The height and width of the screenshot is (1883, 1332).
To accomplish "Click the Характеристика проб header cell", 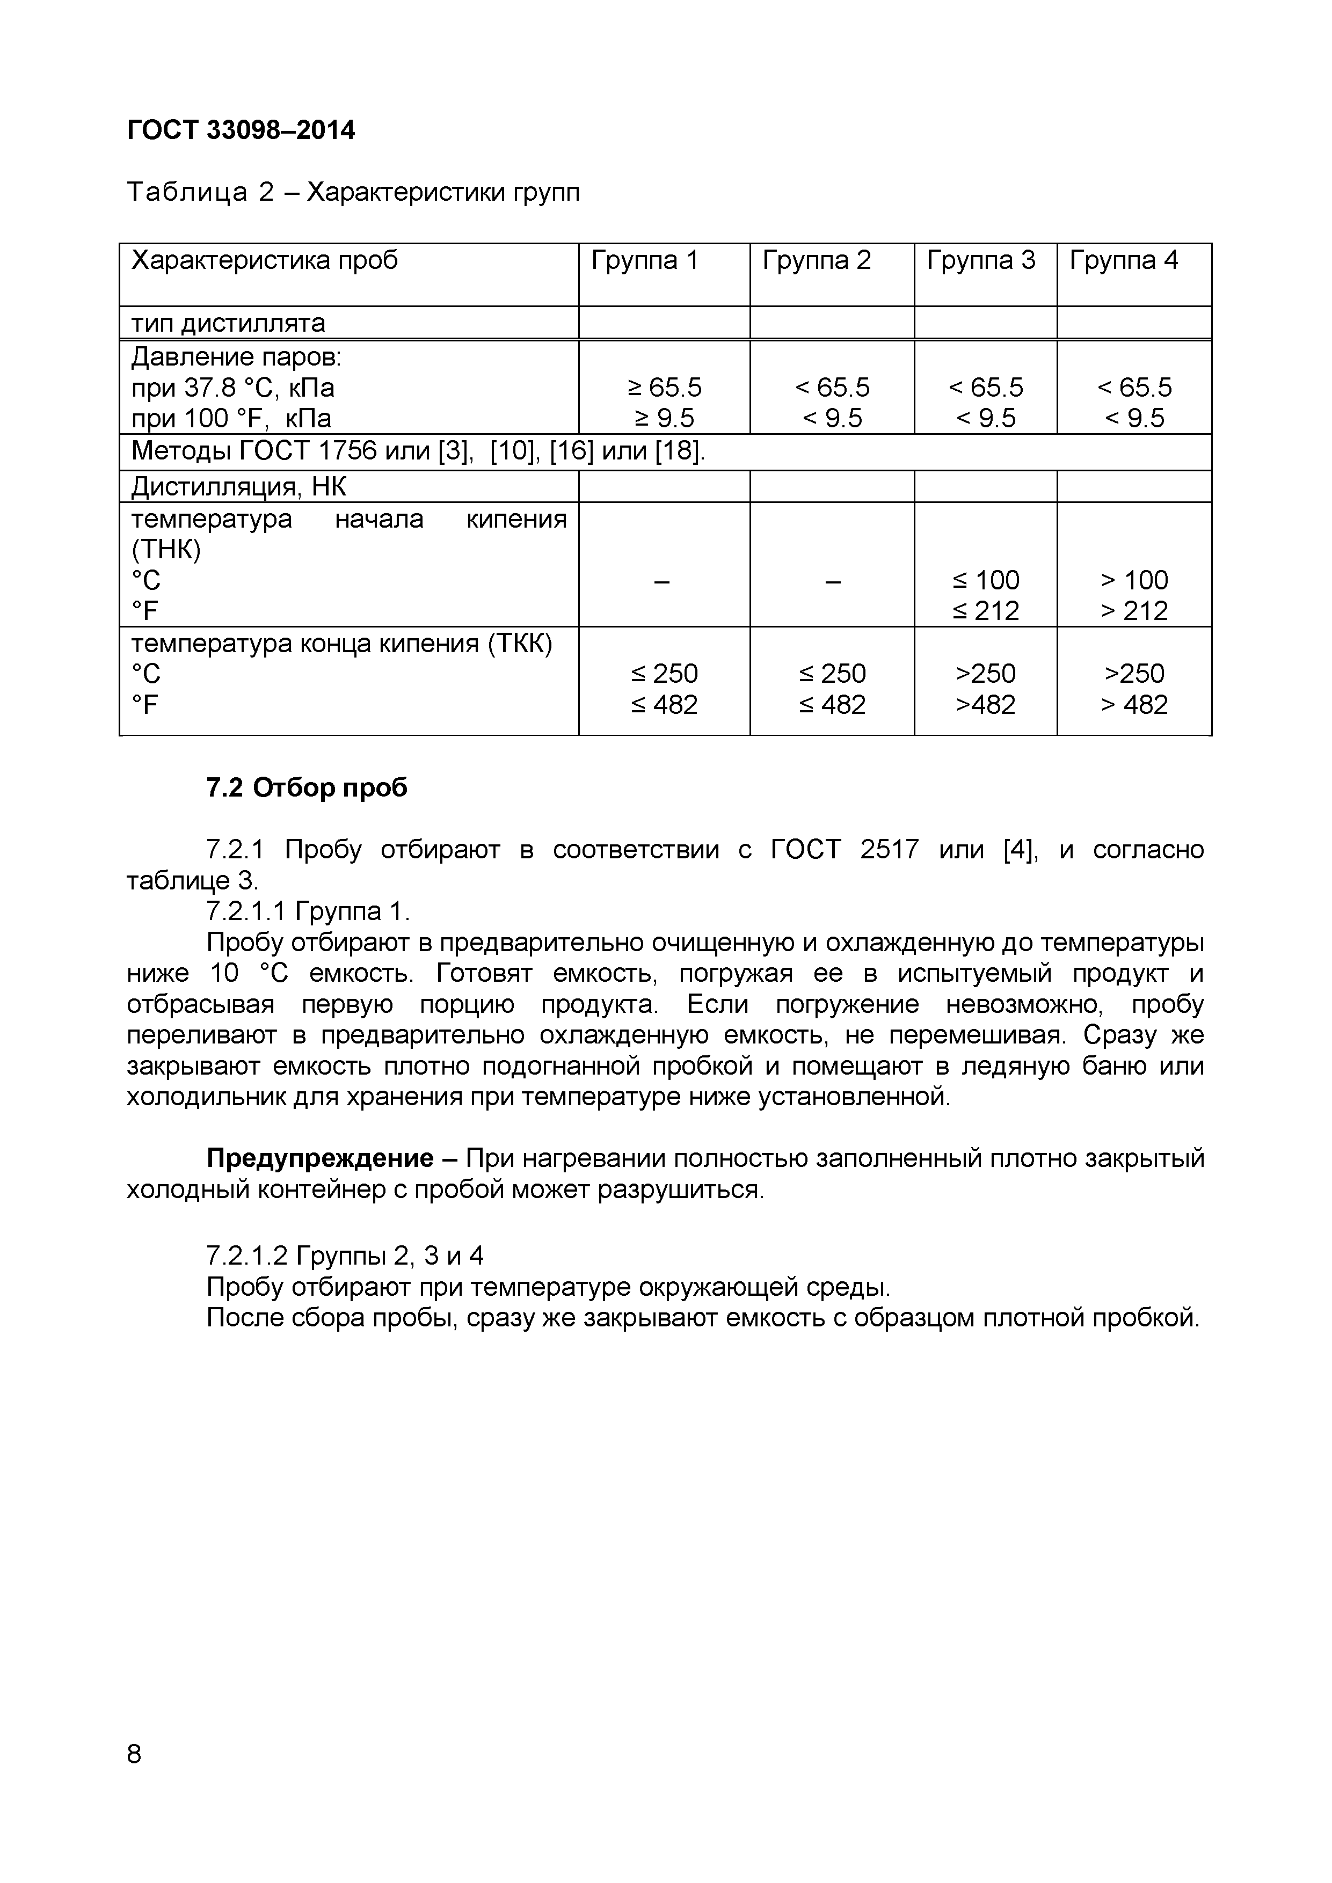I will tap(264, 261).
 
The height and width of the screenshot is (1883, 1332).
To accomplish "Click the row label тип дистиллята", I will tap(228, 323).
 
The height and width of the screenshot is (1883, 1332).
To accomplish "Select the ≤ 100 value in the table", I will tap(985, 580).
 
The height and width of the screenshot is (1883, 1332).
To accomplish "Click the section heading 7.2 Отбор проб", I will tap(307, 788).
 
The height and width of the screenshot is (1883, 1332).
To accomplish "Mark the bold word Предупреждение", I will tap(320, 1158).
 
